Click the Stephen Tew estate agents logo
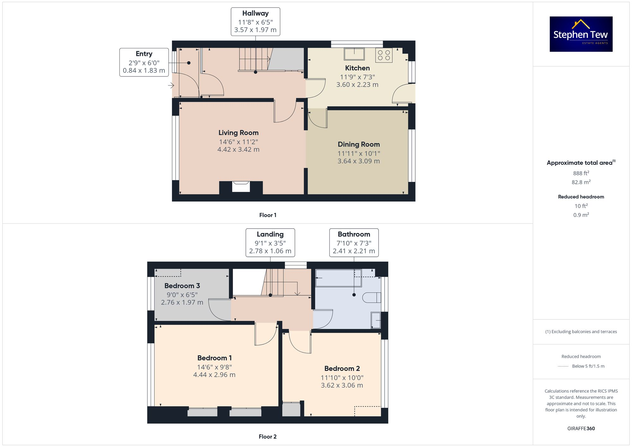[x=581, y=34]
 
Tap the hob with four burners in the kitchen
[x=384, y=55]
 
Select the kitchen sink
[x=354, y=54]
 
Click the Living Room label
[x=238, y=133]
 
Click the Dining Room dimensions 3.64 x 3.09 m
[x=359, y=161]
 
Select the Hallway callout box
[x=255, y=22]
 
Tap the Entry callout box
[x=144, y=62]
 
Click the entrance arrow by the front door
[x=171, y=85]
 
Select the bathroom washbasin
[x=376, y=320]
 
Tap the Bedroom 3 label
[x=182, y=286]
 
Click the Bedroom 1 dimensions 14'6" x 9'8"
[x=214, y=367]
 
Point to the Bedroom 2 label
[x=342, y=368]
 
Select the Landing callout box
[x=270, y=243]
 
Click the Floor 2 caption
[x=267, y=437]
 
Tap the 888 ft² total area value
[x=581, y=173]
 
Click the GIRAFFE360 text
[x=581, y=429]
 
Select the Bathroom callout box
[x=354, y=243]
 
